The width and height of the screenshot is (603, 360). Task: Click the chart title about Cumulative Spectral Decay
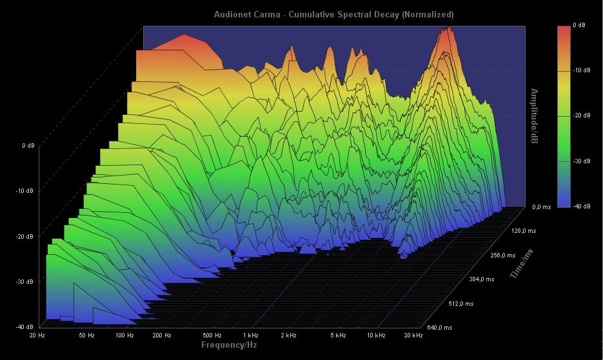[x=333, y=14]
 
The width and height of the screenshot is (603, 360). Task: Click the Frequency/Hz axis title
[x=230, y=345]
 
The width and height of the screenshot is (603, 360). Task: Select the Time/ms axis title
[x=523, y=263]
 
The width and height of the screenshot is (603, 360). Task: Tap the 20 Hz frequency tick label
[x=37, y=335]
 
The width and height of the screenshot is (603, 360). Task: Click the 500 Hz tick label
[x=212, y=335]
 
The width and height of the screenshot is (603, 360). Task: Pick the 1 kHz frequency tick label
[x=251, y=335]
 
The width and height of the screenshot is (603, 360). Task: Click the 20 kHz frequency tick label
[x=413, y=335]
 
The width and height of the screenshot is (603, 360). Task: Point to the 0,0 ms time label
[x=542, y=207]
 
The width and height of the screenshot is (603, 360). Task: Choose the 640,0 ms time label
[x=439, y=328]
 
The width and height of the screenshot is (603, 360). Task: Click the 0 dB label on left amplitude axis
[x=28, y=146]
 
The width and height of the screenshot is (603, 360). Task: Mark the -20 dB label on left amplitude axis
[x=25, y=236]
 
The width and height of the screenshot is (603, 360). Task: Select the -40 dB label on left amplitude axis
[x=25, y=327]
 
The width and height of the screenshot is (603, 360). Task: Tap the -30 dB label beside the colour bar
[x=581, y=161]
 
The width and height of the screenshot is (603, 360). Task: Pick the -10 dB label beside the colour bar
[x=581, y=70]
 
